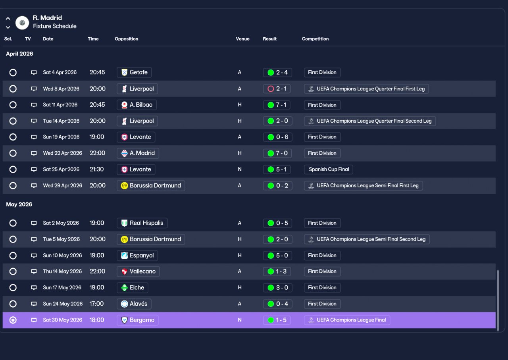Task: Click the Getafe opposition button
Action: click(134, 72)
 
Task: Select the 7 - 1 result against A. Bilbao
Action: click(277, 105)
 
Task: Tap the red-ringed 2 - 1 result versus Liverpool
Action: click(277, 89)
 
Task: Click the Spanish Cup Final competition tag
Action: click(328, 169)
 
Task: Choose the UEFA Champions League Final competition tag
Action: click(347, 320)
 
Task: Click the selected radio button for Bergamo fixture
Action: click(13, 320)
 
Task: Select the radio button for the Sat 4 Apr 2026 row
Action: click(13, 73)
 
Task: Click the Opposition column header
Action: click(126, 39)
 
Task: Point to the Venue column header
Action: click(242, 39)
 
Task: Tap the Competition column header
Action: click(315, 39)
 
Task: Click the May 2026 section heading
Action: click(19, 204)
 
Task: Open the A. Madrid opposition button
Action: click(138, 153)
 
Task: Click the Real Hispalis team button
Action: click(142, 223)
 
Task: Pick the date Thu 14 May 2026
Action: click(62, 271)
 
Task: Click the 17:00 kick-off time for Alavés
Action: click(96, 304)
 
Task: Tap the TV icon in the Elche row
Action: click(34, 288)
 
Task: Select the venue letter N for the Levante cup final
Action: click(240, 169)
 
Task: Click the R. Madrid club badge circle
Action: click(22, 23)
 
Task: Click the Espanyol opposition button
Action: click(137, 256)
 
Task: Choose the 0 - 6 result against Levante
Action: click(277, 137)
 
